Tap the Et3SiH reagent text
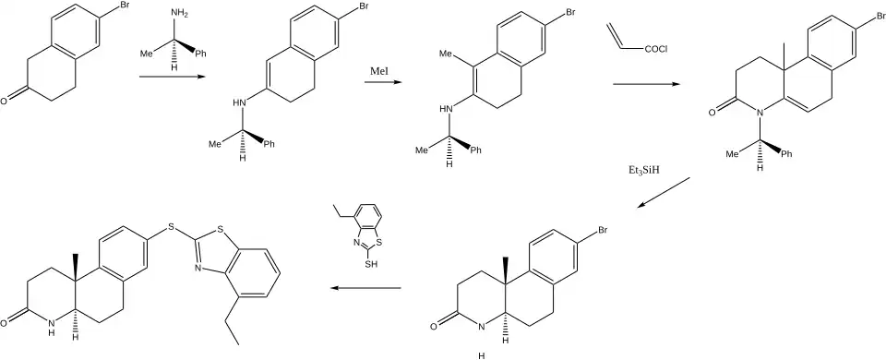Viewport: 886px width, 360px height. pos(643,170)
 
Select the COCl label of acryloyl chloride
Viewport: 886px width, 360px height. pos(655,49)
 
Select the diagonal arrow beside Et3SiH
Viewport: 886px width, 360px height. pos(664,192)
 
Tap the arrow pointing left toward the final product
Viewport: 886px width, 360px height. pos(365,288)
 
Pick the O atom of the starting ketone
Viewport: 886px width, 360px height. pos(4,102)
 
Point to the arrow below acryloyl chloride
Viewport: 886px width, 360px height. pos(646,84)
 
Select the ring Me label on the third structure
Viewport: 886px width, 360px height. pos(447,54)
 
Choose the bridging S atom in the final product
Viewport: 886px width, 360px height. pos(171,230)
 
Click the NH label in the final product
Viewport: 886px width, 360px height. pos(52,328)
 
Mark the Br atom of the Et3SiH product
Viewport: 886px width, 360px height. pos(602,231)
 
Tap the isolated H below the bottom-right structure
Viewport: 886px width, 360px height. pos(482,356)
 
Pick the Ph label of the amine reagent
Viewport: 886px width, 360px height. pos(200,54)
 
